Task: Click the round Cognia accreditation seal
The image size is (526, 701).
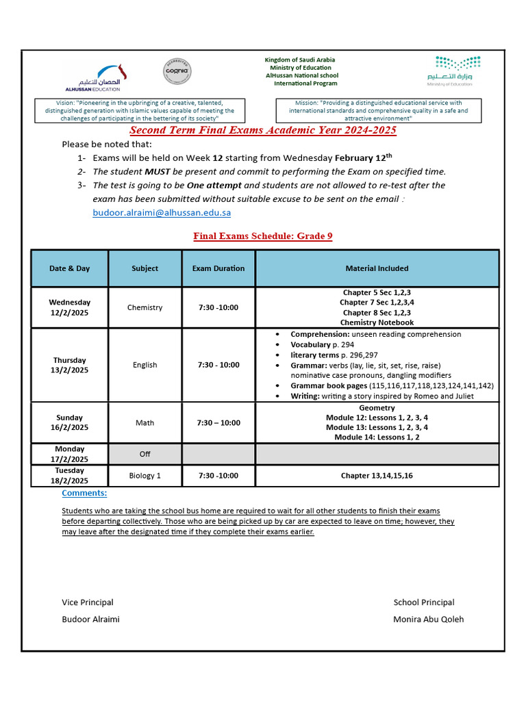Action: (x=177, y=72)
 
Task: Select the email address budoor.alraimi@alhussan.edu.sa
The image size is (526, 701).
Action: (x=162, y=213)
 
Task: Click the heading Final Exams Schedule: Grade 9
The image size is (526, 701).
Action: (x=263, y=236)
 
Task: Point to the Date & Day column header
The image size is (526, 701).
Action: (x=69, y=268)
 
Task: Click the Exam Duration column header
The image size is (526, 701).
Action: (x=218, y=268)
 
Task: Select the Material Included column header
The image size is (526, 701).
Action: (x=377, y=268)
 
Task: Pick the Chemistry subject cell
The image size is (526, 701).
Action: (x=145, y=307)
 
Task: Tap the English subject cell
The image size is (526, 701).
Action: (x=145, y=365)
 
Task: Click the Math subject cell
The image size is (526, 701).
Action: (x=145, y=422)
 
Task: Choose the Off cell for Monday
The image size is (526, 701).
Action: (x=145, y=454)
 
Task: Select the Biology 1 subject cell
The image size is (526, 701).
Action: (x=145, y=475)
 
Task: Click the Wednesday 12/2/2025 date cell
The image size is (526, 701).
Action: (x=69, y=307)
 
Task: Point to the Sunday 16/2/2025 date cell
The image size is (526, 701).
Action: (x=69, y=422)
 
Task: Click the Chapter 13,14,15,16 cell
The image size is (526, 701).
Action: (x=377, y=475)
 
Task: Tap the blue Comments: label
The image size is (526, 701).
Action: (x=84, y=493)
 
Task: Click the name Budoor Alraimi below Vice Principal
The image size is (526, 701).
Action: (x=90, y=619)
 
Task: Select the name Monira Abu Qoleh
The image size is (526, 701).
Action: (x=428, y=619)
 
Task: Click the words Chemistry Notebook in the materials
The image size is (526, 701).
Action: (x=377, y=322)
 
